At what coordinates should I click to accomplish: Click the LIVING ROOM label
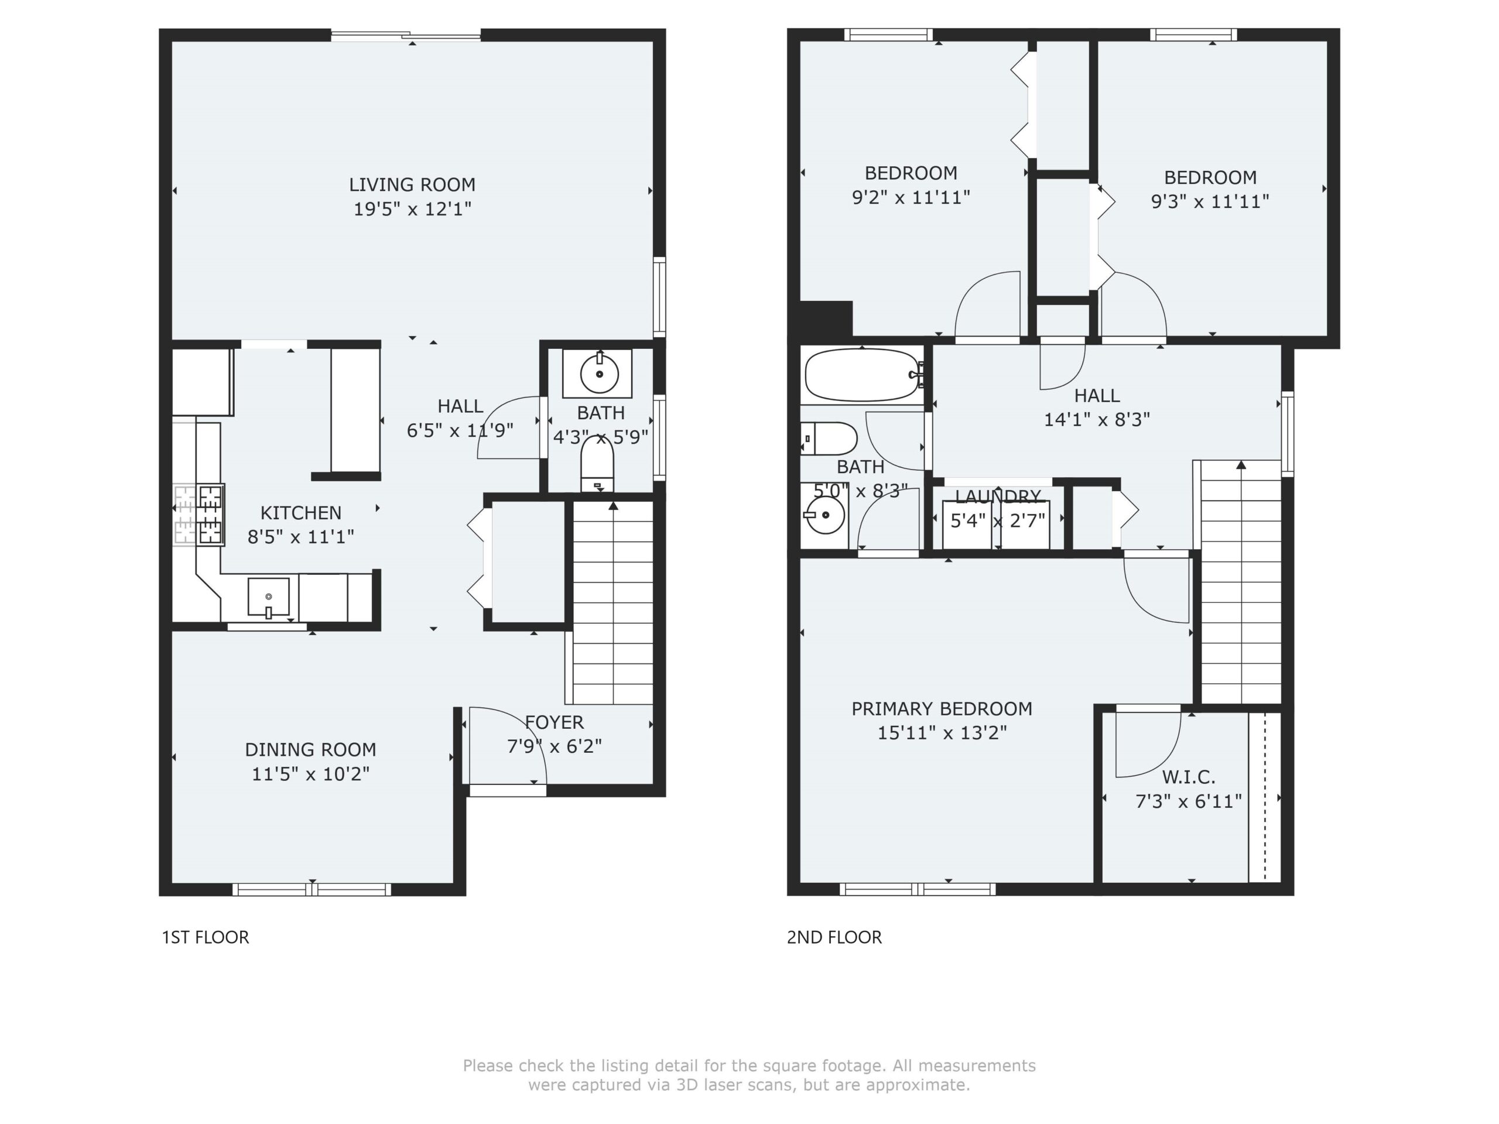tap(412, 184)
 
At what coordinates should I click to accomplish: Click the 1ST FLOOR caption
tap(206, 937)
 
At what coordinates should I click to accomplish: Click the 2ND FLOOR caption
tap(834, 937)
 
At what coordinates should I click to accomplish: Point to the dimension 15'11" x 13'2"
tap(942, 732)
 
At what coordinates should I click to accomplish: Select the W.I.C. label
tap(1189, 776)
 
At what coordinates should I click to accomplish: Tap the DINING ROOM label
tap(310, 749)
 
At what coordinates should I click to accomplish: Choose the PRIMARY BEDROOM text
tap(942, 709)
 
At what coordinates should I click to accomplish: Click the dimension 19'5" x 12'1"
tap(412, 208)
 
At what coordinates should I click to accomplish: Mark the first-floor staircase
tap(612, 602)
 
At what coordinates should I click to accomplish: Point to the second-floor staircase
tap(1241, 582)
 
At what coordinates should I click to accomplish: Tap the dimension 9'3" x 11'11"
tap(1210, 201)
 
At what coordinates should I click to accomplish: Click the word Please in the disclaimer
tap(488, 1065)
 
